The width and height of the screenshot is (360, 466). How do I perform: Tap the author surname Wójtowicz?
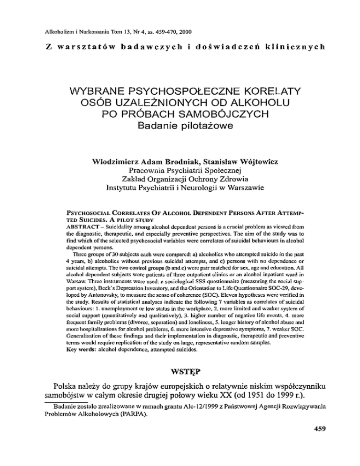[x=248, y=161]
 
